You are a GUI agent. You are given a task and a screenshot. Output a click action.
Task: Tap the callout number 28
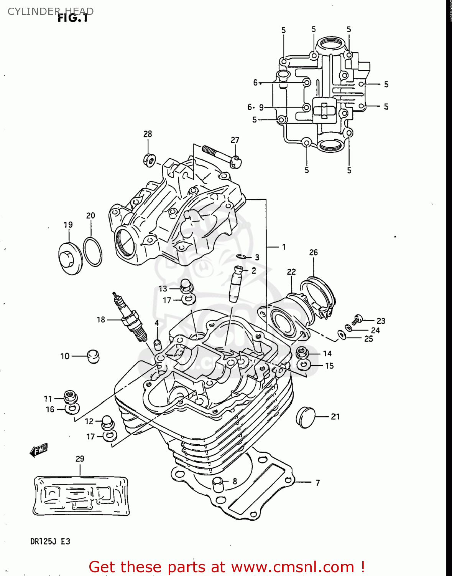click(148, 134)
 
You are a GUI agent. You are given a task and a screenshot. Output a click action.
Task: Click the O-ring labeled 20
click(92, 252)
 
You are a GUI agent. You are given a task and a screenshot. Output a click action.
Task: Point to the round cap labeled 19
click(70, 258)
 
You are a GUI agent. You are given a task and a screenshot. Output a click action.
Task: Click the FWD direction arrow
click(39, 450)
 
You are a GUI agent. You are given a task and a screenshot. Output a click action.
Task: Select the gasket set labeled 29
click(81, 496)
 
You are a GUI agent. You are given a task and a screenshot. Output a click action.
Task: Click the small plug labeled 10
click(93, 356)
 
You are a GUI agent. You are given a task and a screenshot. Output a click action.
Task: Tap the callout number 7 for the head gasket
click(317, 483)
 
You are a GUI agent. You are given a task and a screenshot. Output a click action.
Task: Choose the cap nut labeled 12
click(107, 423)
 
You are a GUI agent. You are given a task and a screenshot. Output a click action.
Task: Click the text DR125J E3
click(50, 541)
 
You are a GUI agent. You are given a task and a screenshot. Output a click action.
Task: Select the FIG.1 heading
click(73, 18)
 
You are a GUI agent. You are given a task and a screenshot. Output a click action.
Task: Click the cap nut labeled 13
click(186, 286)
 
